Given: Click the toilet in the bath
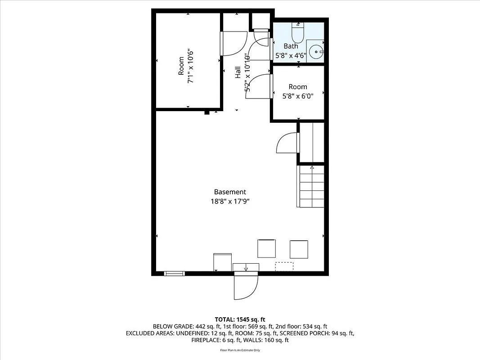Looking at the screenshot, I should point(298,32).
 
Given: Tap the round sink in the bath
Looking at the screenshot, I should point(317,52).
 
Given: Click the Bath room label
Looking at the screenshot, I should point(291,46).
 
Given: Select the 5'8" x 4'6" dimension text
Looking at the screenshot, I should point(291,56).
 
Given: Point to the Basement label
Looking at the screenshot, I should point(230,192).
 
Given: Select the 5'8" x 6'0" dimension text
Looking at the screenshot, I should point(298,96).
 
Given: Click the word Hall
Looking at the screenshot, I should point(238,72).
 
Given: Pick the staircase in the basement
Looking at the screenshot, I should point(311,185).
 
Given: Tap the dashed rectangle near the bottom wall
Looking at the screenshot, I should point(284,266).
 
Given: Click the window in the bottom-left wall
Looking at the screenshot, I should point(174,273).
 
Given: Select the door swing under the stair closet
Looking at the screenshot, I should point(287,143).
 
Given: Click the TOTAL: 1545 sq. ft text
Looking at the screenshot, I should point(240,319).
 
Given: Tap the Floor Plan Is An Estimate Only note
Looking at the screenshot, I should point(240,350).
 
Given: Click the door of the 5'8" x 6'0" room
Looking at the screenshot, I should point(260,85).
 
